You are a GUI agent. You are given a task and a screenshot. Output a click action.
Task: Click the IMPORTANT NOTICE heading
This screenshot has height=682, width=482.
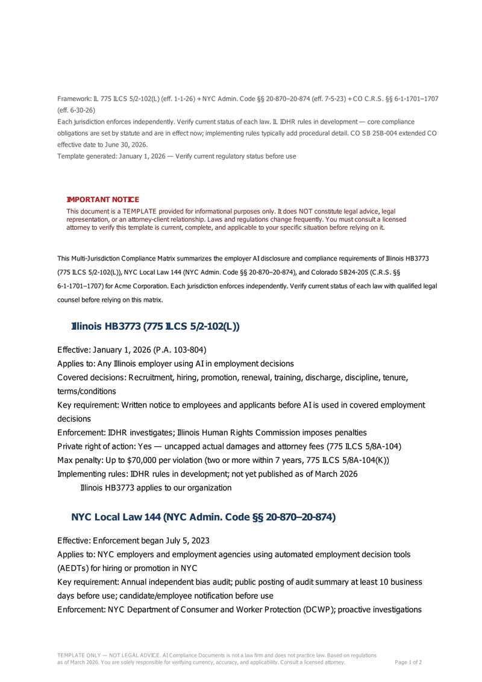click(102, 200)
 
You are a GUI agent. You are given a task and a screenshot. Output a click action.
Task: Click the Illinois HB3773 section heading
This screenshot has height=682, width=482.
click(155, 326)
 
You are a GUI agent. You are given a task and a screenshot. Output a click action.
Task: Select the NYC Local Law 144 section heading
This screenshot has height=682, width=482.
click(203, 517)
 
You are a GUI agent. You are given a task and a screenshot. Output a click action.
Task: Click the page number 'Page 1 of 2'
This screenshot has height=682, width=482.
click(408, 662)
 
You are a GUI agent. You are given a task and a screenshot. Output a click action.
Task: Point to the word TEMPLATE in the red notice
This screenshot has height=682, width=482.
click(139, 211)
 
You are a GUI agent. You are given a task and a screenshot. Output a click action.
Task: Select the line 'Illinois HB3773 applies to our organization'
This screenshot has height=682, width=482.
click(155, 487)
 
